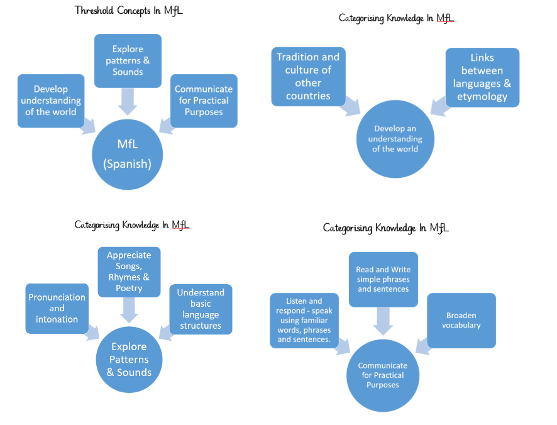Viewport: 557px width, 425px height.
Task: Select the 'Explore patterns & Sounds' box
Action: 128,60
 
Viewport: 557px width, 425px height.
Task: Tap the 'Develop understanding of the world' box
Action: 51,101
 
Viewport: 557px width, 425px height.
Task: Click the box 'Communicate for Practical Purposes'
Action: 204,101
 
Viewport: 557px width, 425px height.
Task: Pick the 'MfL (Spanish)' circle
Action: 128,154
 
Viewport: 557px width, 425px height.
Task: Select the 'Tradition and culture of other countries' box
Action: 308,76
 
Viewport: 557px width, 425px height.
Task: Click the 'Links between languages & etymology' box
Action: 482,77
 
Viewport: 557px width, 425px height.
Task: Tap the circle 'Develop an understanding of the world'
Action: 395,139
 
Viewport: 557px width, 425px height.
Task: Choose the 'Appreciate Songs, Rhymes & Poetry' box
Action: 129,272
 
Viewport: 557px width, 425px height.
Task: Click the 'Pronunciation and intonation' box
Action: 57,308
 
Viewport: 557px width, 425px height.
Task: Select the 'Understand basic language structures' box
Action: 201,309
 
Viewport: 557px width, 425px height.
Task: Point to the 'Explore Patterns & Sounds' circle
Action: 129,360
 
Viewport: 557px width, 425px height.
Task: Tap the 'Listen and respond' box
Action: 304,320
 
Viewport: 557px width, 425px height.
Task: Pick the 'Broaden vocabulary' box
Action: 461,320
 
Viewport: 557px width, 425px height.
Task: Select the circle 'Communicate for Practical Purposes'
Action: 382,375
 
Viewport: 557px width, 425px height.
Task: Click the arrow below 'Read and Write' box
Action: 383,321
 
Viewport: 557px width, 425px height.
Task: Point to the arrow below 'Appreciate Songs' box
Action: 129,309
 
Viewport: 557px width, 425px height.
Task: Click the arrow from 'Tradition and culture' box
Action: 350,108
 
